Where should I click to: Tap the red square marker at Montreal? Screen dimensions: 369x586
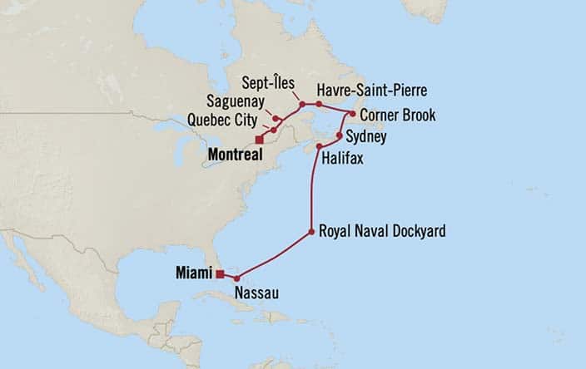[x=260, y=140]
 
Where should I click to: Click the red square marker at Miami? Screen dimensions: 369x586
[x=220, y=273]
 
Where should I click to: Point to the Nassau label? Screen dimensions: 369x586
[x=257, y=293]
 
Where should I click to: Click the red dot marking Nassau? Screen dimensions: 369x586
[x=237, y=278]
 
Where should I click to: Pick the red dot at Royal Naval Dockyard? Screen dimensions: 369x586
[x=311, y=231]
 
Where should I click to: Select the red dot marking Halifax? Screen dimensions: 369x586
[x=319, y=146]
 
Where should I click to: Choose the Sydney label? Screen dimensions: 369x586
[x=367, y=136]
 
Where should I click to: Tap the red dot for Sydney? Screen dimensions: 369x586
[x=340, y=135]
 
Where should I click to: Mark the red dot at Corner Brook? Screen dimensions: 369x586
[x=353, y=113]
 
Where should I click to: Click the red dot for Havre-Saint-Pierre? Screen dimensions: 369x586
[x=319, y=104]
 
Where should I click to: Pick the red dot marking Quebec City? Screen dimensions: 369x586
[x=273, y=130]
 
